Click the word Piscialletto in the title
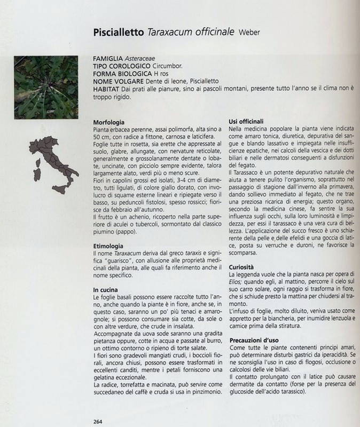(118, 32)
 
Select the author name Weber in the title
(250, 33)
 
